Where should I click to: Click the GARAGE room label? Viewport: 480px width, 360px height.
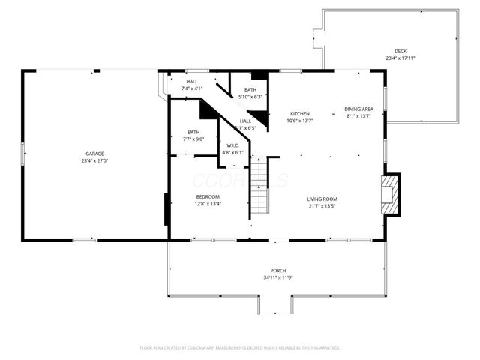tap(94, 154)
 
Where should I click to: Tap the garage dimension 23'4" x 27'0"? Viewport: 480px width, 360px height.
tap(94, 160)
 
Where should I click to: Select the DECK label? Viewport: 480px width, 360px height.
tap(391, 51)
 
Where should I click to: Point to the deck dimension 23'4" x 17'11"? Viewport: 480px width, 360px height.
tap(391, 58)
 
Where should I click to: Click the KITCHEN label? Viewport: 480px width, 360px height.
tap(300, 113)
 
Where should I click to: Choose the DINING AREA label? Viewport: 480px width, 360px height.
tap(359, 109)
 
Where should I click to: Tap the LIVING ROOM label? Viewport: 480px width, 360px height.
tap(320, 199)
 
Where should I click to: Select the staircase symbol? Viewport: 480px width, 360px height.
tap(259, 187)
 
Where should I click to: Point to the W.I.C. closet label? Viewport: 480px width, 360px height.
tap(232, 145)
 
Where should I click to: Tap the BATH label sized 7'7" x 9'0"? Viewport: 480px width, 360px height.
tap(193, 132)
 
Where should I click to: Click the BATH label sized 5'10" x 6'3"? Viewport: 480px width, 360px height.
tap(250, 89)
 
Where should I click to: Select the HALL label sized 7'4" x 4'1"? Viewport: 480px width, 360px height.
tap(192, 81)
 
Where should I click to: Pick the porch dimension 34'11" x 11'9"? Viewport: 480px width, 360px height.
tap(277, 277)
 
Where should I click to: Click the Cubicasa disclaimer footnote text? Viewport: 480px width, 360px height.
tap(240, 348)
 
